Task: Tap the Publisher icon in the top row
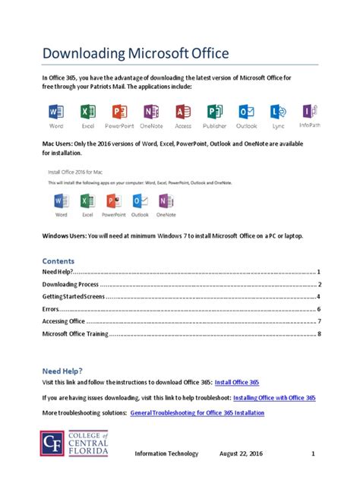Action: (214, 112)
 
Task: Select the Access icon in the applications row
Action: (183, 112)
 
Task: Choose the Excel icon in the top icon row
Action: (87, 112)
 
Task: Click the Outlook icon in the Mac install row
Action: (140, 202)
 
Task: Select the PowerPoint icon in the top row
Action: (118, 112)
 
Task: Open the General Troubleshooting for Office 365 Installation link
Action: (197, 413)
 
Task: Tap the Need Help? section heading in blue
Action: (63, 371)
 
